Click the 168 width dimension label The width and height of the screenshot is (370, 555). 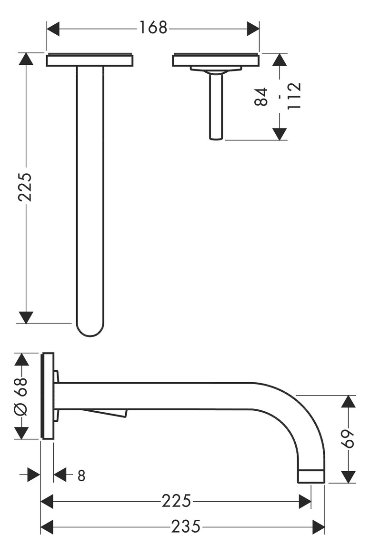pyautogui.click(x=153, y=28)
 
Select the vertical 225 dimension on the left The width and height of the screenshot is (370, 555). pyautogui.click(x=25, y=187)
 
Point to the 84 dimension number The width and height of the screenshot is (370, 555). pyautogui.click(x=261, y=97)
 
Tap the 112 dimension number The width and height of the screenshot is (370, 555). pyautogui.click(x=294, y=97)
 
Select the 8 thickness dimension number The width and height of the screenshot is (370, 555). pyautogui.click(x=81, y=475)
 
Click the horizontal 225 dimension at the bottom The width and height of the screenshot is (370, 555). pyautogui.click(x=176, y=501)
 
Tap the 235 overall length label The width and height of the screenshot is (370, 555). pyautogui.click(x=186, y=526)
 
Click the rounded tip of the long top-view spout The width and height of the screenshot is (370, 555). pyautogui.click(x=90, y=331)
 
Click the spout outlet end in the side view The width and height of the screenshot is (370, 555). pyautogui.click(x=311, y=476)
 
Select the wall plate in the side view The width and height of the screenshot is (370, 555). pyautogui.click(x=48, y=396)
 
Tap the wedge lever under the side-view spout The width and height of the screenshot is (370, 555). pyautogui.click(x=110, y=413)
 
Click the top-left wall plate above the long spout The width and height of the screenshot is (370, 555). pyautogui.click(x=90, y=60)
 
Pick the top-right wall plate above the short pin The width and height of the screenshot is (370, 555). pyautogui.click(x=216, y=60)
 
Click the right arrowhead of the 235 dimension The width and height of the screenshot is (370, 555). pyautogui.click(x=319, y=527)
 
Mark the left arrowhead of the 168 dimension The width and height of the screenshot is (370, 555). pyautogui.click(x=53, y=29)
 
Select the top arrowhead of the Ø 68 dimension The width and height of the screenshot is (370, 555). pyautogui.click(x=22, y=359)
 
